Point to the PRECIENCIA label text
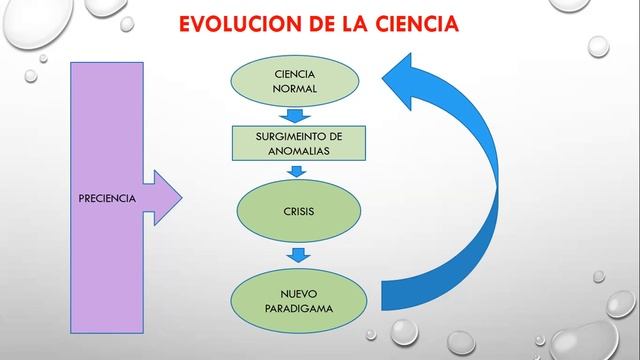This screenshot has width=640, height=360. [x=106, y=198]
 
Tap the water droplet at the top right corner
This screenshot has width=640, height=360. [x=598, y=45]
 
